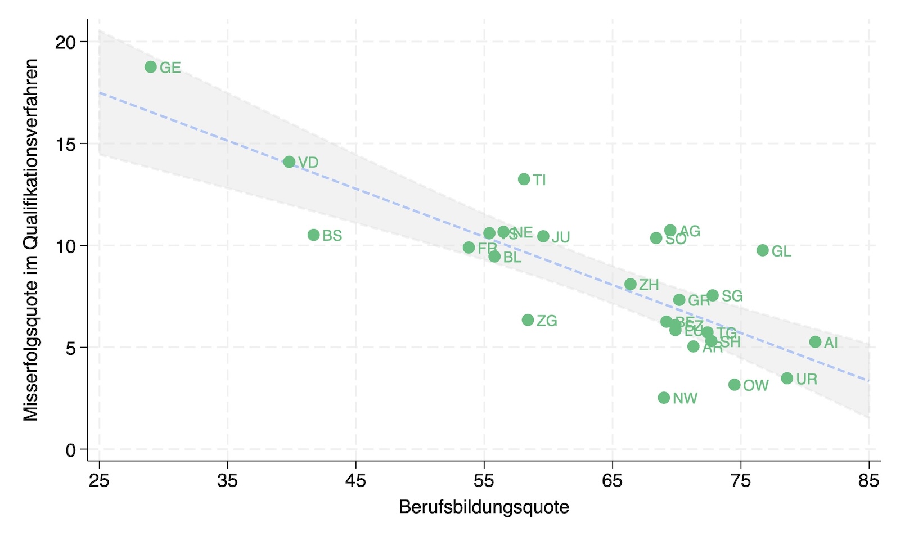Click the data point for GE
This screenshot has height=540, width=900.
point(151,67)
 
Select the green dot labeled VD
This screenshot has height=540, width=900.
point(289,162)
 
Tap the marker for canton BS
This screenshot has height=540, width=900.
point(314,235)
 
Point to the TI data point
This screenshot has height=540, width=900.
point(524,179)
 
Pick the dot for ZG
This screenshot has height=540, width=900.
point(528,320)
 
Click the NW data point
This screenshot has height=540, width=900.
point(664,398)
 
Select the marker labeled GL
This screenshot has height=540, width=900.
point(763,250)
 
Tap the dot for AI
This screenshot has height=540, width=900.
point(815,342)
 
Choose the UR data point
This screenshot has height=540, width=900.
point(787,379)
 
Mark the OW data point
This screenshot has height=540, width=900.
point(735,385)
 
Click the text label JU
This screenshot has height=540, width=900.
point(561,237)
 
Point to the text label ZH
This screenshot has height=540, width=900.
point(649,285)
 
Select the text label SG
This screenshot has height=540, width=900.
point(732,296)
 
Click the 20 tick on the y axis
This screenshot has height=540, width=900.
point(66,42)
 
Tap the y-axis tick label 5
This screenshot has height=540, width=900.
point(71,348)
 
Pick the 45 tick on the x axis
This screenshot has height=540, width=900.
point(355,481)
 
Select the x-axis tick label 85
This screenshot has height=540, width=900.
point(868,481)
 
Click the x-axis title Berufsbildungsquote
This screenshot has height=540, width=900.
point(484,507)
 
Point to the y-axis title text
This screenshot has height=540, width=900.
point(31,240)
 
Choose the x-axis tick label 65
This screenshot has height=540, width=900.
point(612,481)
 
